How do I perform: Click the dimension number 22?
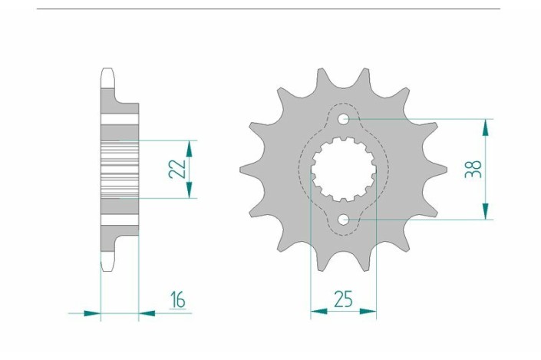(178, 169)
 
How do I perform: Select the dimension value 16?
(178, 299)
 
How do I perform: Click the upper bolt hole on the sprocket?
(344, 120)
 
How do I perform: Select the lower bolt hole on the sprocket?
(344, 220)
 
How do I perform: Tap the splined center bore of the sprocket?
(344, 170)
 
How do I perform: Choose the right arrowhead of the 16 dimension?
(147, 313)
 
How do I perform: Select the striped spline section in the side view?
(119, 170)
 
